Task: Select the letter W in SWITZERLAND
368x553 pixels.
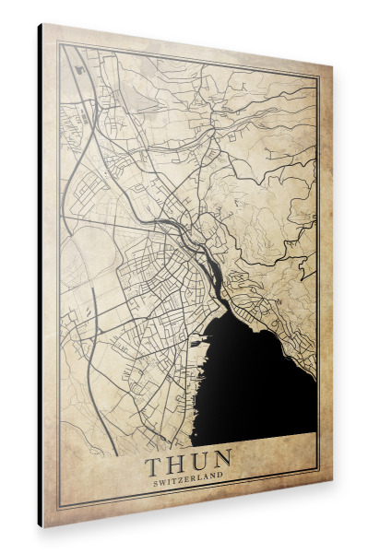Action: pyautogui.click(x=166, y=477)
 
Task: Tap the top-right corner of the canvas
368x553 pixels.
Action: pyautogui.click(x=331, y=67)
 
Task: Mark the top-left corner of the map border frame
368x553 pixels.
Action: pyautogui.click(x=59, y=43)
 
